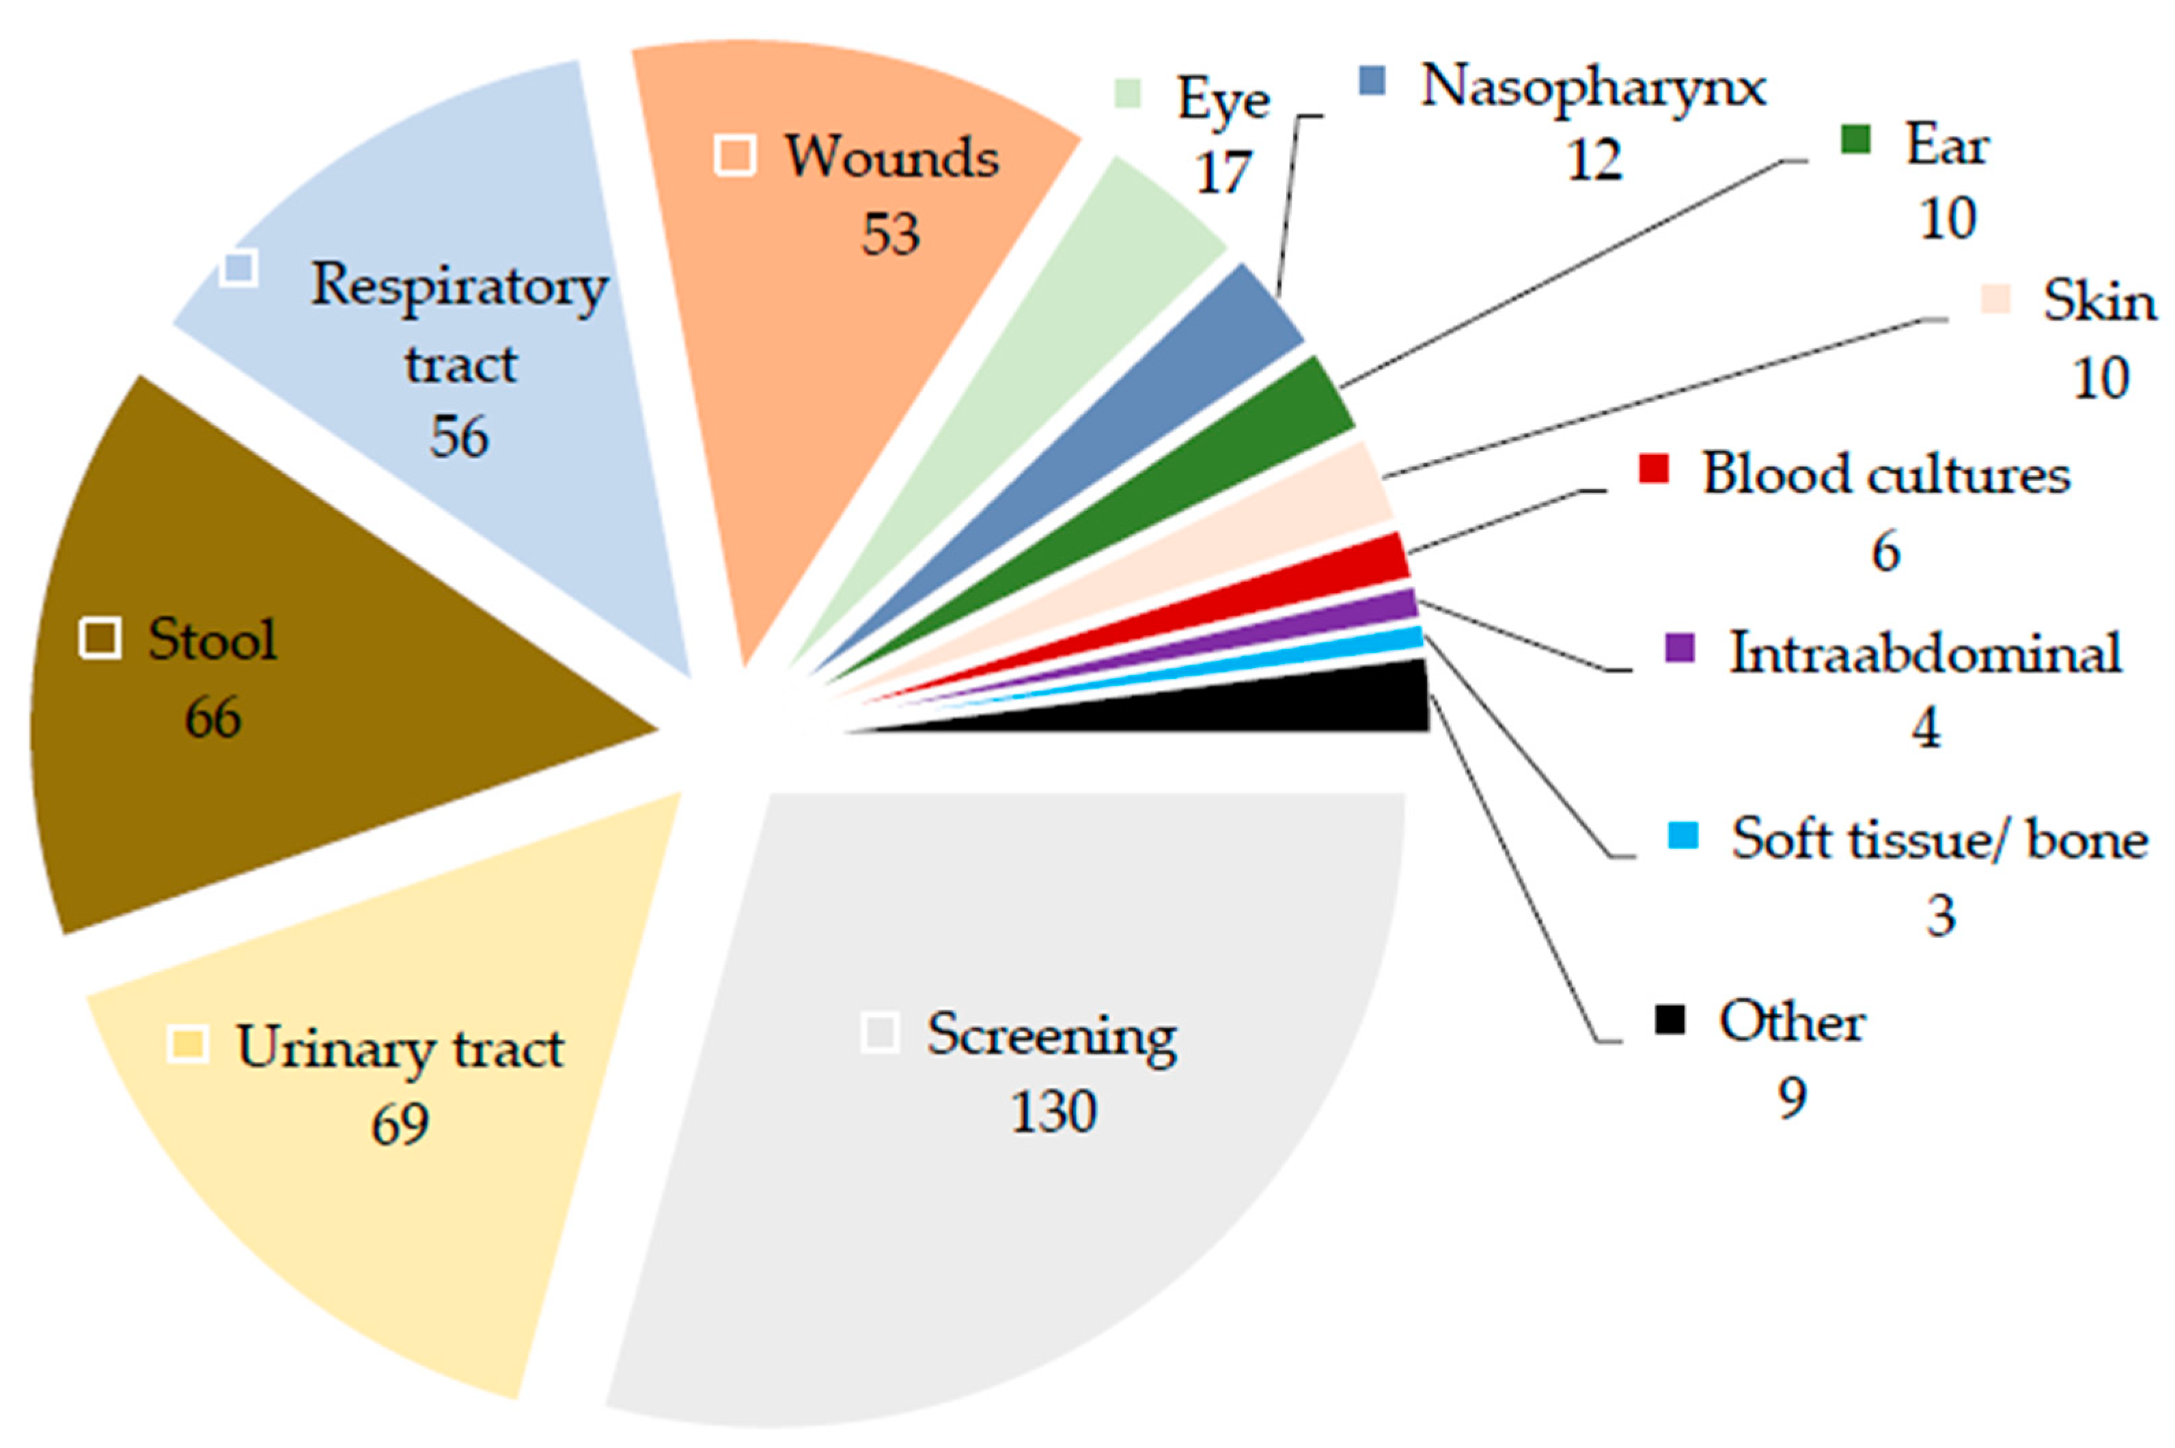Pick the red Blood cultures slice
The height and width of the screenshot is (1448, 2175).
1293,583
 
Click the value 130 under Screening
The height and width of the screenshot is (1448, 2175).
1053,1112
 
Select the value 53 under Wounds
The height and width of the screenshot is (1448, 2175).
890,234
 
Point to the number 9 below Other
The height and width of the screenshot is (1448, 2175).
1792,1099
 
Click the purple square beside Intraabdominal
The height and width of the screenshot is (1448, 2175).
1679,648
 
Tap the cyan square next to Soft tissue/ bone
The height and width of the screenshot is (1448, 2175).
1682,835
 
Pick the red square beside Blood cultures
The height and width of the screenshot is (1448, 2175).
1653,469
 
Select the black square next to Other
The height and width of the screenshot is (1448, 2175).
1670,1020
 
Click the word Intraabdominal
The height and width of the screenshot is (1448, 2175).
1925,654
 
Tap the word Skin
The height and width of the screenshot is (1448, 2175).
2098,302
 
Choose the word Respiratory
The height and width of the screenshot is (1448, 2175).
459,286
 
